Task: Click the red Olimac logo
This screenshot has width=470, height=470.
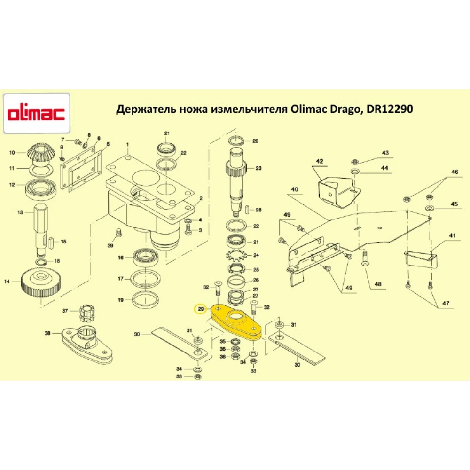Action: click(x=37, y=113)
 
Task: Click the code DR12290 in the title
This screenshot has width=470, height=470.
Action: click(x=391, y=110)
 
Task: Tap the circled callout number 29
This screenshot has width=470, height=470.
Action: click(x=201, y=309)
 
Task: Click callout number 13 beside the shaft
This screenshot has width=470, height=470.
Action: click(x=20, y=212)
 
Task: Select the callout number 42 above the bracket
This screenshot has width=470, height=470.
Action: click(x=320, y=162)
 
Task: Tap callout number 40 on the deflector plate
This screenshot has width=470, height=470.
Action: click(x=295, y=189)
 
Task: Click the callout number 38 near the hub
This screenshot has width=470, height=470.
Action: click(x=47, y=333)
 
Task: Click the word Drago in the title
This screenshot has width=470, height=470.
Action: click(x=337, y=110)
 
